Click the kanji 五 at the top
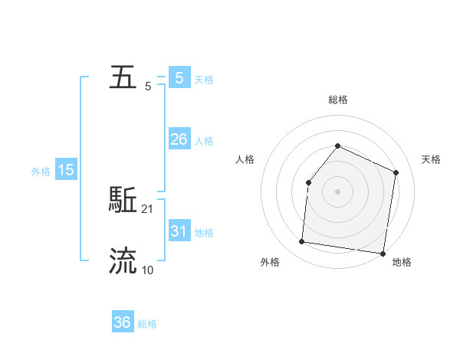pyautogui.click(x=123, y=78)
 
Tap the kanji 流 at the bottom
pyautogui.click(x=123, y=261)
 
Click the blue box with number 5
pyautogui.click(x=179, y=78)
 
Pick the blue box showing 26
pyautogui.click(x=179, y=139)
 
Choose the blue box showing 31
pyautogui.click(x=179, y=231)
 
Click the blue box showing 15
pyautogui.click(x=66, y=170)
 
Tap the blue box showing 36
pyautogui.click(x=122, y=322)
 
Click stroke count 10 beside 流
pyautogui.click(x=148, y=270)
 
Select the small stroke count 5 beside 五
pyautogui.click(x=148, y=87)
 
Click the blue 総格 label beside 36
pyautogui.click(x=147, y=324)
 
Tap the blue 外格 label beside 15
pyautogui.click(x=41, y=172)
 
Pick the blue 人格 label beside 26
pyautogui.click(x=204, y=141)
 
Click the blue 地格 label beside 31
pyautogui.click(x=204, y=233)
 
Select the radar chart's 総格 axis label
pyautogui.click(x=337, y=100)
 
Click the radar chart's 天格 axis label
pyautogui.click(x=431, y=159)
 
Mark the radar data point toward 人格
pyautogui.click(x=308, y=182)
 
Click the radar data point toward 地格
pyautogui.click(x=383, y=253)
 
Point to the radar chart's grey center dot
pyautogui.click(x=337, y=191)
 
